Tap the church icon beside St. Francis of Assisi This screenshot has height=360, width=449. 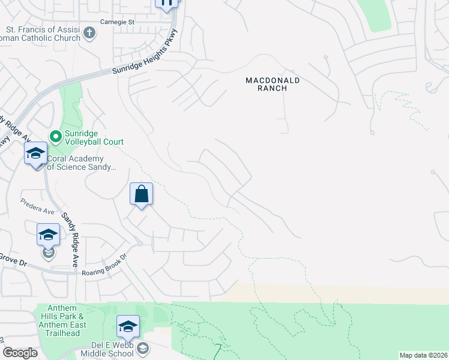pos(89,32)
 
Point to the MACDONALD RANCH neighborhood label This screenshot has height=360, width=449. pos(273,83)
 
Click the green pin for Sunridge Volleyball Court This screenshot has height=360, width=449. pos(56,137)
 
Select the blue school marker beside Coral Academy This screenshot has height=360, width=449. pos(35,154)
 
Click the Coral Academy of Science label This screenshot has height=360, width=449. pos(81,163)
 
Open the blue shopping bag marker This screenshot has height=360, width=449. pos(141,194)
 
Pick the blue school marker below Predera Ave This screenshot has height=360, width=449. pos(48,234)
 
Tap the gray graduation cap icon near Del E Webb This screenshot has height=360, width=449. pos(143,348)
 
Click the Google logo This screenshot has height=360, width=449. pos(20,353)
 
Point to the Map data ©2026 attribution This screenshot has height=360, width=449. pos(423,355)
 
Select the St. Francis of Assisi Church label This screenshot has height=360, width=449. pos(42,33)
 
